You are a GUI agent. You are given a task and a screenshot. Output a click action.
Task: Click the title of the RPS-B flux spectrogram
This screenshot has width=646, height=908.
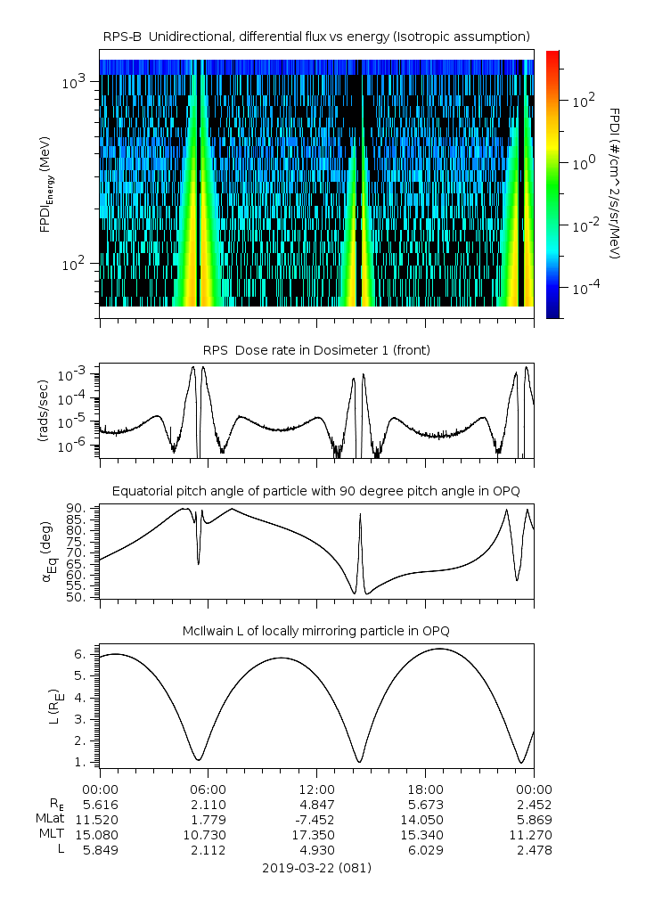point(316,36)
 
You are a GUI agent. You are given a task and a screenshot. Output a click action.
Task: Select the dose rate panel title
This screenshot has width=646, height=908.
point(316,350)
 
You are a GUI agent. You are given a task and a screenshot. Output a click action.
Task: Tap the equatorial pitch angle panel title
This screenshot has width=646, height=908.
point(316,491)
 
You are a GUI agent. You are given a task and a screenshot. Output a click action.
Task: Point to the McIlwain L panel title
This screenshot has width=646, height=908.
point(316,631)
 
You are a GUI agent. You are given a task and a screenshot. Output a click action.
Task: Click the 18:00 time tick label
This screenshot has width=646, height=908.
point(425,789)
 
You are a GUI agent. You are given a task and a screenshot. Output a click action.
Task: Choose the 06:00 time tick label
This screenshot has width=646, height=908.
point(209,789)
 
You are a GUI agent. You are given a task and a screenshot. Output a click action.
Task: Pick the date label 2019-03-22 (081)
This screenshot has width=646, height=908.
point(316,867)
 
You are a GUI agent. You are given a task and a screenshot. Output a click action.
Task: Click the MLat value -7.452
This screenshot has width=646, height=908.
point(316,819)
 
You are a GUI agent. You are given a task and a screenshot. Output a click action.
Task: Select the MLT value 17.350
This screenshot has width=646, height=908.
point(316,835)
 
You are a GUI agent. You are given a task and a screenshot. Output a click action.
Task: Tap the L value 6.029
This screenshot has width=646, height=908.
point(425,850)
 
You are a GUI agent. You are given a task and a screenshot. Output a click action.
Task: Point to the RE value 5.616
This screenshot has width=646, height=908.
point(100,804)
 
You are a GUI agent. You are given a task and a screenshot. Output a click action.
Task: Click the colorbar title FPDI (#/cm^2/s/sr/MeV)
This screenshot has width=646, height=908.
point(615,183)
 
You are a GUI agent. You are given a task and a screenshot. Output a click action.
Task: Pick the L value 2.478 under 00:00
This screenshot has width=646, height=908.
point(534,850)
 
